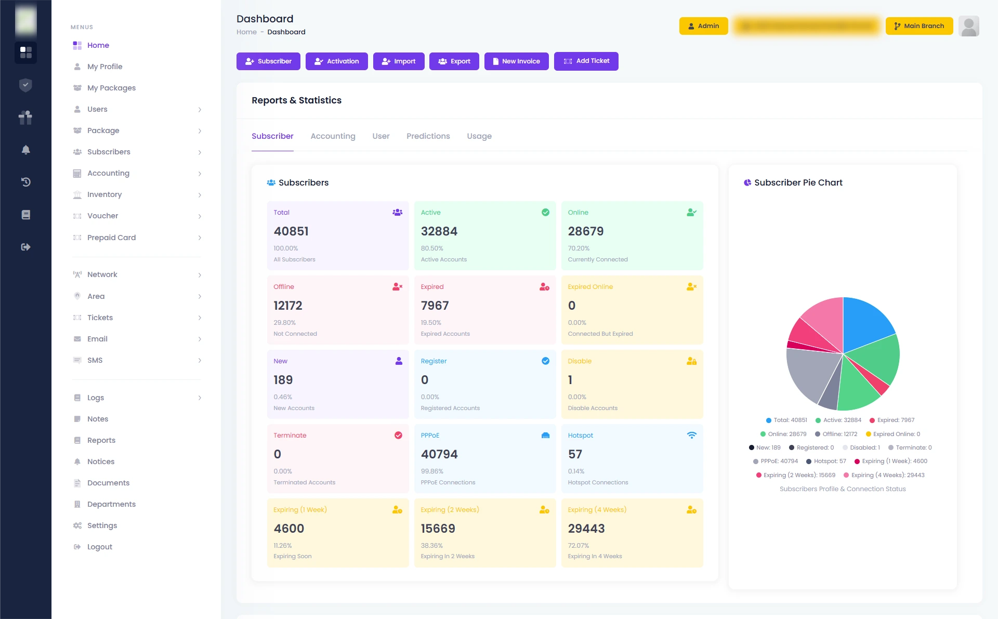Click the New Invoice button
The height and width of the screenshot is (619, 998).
[516, 61]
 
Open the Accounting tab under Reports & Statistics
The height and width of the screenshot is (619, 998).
[333, 136]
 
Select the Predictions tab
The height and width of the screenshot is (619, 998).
[428, 136]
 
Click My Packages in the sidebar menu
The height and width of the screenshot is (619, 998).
[111, 88]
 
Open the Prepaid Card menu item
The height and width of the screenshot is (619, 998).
[111, 238]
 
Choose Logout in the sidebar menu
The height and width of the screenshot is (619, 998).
[99, 547]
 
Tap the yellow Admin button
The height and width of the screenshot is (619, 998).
[703, 26]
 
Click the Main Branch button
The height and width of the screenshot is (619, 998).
[918, 26]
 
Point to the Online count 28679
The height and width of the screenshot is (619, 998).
[585, 231]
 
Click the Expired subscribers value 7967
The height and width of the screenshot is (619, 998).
[435, 306]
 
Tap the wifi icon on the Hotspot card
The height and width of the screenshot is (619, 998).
[691, 436]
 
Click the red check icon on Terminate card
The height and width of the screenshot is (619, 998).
[398, 436]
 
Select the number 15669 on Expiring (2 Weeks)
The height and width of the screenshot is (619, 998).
[438, 529]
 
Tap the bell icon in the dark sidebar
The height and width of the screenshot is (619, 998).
[25, 150]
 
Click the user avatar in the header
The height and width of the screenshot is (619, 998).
[968, 26]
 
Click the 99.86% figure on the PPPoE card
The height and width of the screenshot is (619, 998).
[431, 471]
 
